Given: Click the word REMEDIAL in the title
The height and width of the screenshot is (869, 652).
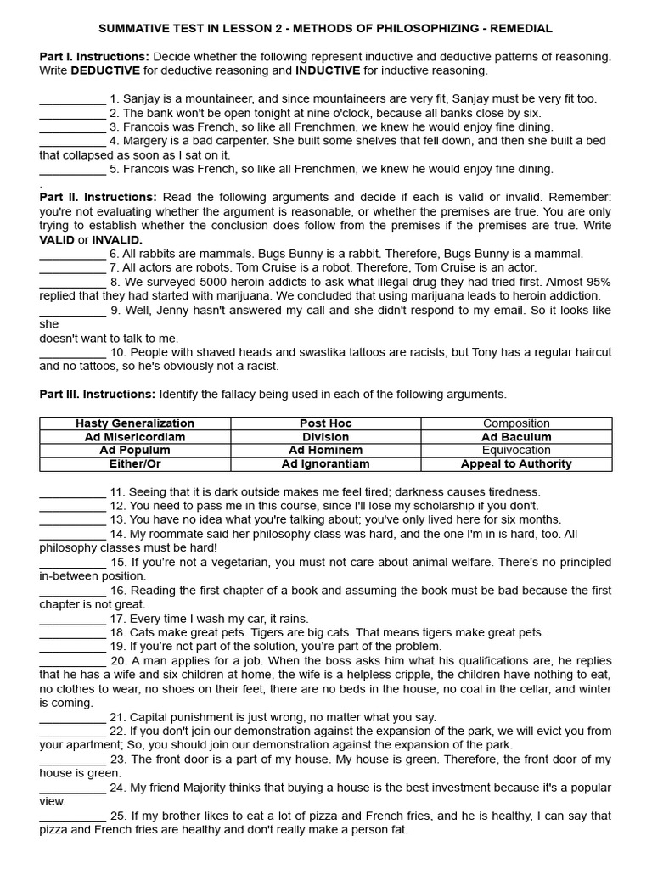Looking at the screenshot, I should point(520,29).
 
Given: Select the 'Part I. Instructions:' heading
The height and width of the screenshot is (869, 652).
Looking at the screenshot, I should point(94,57).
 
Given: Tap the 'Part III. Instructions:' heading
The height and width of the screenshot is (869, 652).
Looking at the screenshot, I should point(98,394).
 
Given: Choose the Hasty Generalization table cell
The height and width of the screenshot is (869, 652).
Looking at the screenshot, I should point(135,423).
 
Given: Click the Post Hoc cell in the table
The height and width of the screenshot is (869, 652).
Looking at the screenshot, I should point(325,423).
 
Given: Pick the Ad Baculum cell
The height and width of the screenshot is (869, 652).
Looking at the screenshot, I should point(516,437).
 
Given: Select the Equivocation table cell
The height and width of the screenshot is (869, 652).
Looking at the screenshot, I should point(516,451).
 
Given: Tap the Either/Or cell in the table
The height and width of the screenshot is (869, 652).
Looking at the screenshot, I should point(135,464).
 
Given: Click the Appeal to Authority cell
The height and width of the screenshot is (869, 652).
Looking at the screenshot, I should point(516,464).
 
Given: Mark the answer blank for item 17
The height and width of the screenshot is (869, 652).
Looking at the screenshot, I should point(72,620).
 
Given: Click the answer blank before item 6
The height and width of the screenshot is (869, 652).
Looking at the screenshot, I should point(72,254).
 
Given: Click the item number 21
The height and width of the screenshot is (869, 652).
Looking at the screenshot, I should point(118,717).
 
